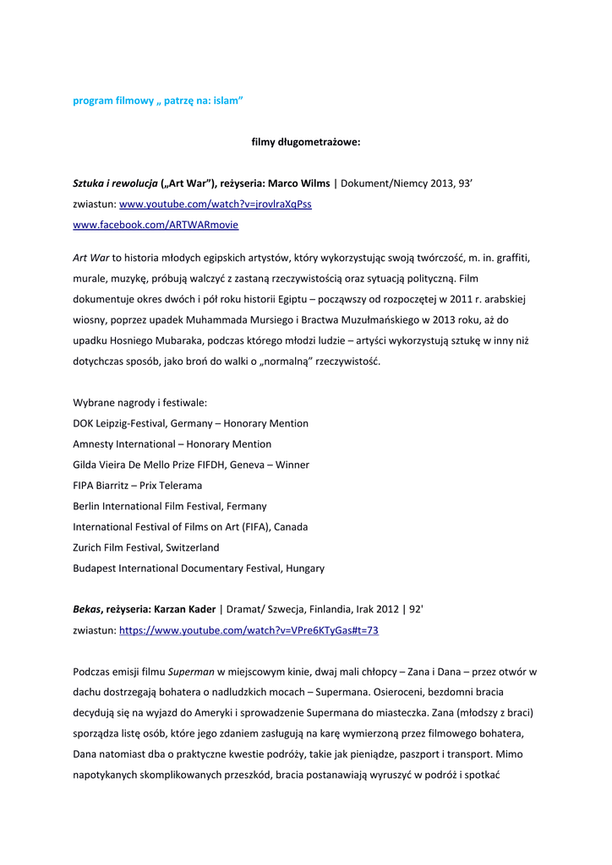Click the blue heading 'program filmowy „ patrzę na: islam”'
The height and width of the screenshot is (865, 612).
[x=158, y=101]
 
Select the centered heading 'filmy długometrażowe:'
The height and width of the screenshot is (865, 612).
[x=306, y=142]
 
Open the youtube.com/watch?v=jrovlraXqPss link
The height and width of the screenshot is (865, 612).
[x=216, y=204]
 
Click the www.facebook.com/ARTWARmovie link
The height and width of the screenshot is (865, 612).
[x=156, y=225]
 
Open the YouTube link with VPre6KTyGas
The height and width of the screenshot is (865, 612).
[x=249, y=630]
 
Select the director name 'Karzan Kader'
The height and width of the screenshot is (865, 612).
[x=185, y=610]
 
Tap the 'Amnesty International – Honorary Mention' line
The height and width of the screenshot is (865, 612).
[x=172, y=444]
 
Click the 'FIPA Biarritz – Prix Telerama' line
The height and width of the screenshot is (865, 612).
[x=138, y=486]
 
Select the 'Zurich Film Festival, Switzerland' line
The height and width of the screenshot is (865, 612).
[x=146, y=547]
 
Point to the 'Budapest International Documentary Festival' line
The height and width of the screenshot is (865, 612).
[x=199, y=569]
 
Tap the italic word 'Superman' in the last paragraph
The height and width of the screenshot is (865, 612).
[x=191, y=672]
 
